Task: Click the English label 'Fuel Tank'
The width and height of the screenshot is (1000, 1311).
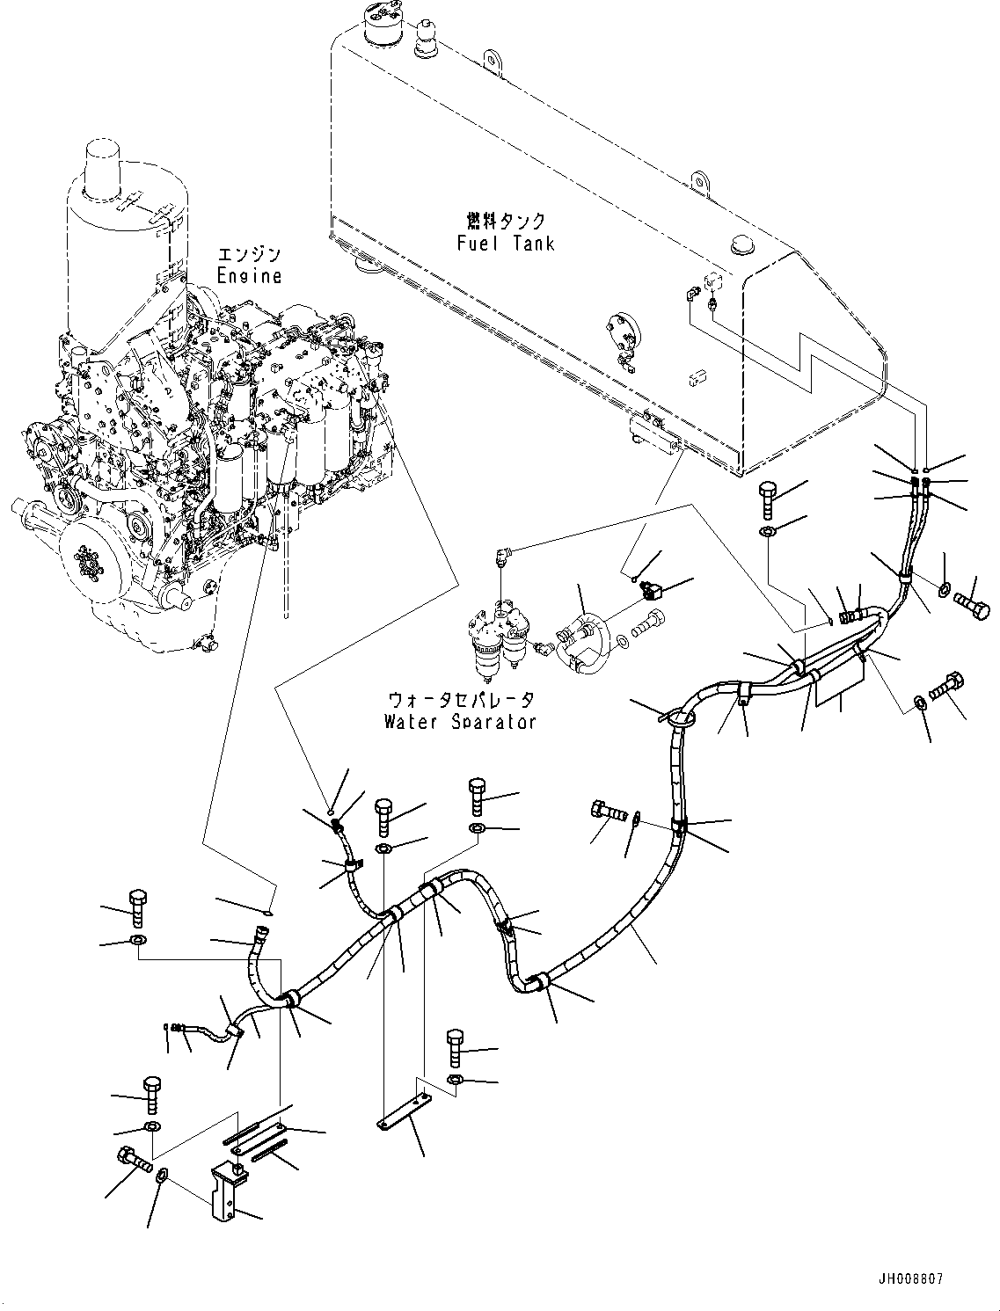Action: pyautogui.click(x=506, y=243)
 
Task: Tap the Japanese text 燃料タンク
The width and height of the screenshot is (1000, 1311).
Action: pyautogui.click(x=506, y=221)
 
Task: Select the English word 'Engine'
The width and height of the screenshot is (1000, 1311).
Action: pyautogui.click(x=250, y=276)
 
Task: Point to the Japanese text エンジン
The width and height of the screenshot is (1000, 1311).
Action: pyautogui.click(x=250, y=255)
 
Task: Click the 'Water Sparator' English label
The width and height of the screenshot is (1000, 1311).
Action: pyautogui.click(x=460, y=722)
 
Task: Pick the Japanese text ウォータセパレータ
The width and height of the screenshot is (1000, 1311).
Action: pyautogui.click(x=461, y=700)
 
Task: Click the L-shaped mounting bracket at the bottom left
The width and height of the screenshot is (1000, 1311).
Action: pyautogui.click(x=225, y=1191)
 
